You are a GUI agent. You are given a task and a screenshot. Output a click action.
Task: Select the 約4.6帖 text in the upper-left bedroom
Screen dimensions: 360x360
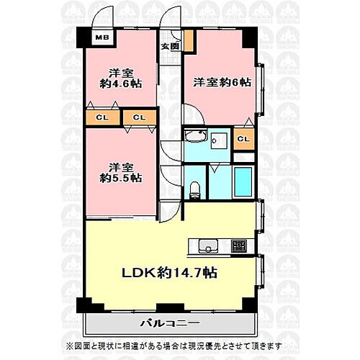pyautogui.click(x=121, y=84)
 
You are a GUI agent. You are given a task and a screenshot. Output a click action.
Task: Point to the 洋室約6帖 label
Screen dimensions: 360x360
pyautogui.click(x=222, y=82)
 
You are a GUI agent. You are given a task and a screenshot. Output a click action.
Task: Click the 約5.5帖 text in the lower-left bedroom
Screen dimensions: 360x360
pyautogui.click(x=121, y=178)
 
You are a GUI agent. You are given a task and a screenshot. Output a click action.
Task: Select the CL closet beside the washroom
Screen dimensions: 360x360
pyautogui.click(x=243, y=139)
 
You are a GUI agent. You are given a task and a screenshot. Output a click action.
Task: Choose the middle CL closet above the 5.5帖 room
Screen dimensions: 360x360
pyautogui.click(x=139, y=116)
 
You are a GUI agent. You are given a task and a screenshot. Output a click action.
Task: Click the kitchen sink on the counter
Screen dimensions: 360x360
pyautogui.click(x=204, y=242)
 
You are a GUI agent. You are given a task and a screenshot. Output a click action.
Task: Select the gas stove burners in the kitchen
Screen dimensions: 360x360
pyautogui.click(x=239, y=243)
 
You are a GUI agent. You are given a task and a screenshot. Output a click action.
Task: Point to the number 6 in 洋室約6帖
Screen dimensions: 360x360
pyautogui.click(x=237, y=82)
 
